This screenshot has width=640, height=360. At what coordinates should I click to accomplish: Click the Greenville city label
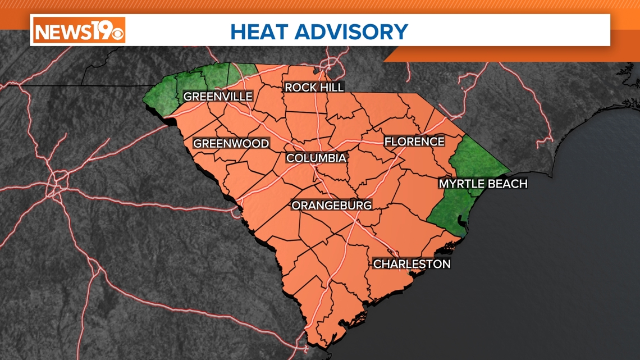point(218,97)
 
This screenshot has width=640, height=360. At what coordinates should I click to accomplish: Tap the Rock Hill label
point(314,87)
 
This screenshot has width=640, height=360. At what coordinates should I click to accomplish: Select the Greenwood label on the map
point(231,144)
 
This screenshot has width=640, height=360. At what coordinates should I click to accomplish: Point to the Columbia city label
point(316,158)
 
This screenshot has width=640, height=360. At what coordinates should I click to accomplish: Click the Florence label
point(414,142)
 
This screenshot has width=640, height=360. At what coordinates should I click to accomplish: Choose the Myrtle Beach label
point(483,184)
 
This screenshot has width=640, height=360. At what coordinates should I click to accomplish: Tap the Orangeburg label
point(331,206)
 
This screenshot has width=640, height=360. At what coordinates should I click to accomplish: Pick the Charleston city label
point(412,264)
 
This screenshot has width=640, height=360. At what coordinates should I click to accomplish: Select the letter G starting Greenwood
point(198,144)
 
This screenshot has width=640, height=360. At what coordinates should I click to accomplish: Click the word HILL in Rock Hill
point(332,87)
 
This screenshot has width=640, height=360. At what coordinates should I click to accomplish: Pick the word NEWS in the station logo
point(60,30)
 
